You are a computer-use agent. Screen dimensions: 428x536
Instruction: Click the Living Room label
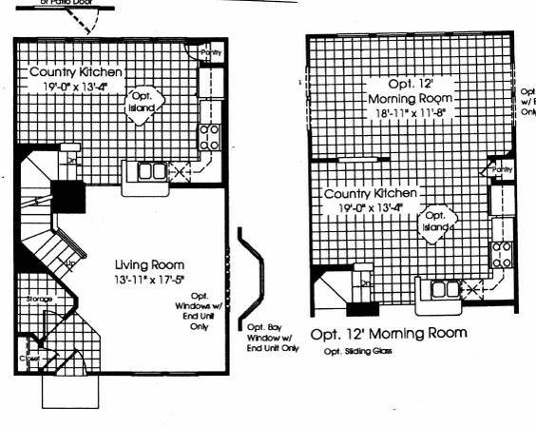click(149, 263)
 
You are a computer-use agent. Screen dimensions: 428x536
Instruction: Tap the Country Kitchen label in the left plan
click(67, 72)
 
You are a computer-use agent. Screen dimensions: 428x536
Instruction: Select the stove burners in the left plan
click(209, 137)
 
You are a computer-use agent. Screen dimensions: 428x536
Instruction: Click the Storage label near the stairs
click(39, 300)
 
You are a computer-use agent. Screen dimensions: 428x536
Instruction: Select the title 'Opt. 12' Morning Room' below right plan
click(390, 333)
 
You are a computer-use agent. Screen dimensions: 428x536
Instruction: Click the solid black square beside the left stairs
click(68, 198)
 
